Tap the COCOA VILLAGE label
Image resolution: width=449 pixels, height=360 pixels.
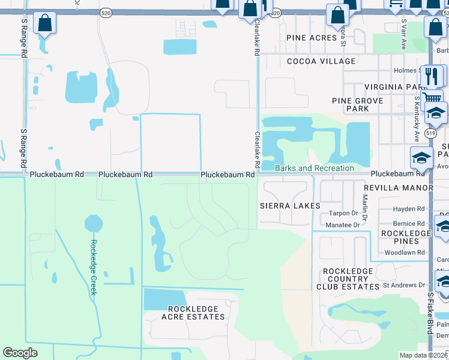coord(321,61)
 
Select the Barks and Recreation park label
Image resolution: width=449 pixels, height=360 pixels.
coord(314,168)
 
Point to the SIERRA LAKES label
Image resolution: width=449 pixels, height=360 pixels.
coord(289,206)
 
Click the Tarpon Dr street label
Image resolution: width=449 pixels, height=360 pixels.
coord(343,214)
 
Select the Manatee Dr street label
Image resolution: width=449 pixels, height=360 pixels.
coord(343,225)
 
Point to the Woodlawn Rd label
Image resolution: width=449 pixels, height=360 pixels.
coord(405,253)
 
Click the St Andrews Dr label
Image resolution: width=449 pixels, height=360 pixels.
coord(403,285)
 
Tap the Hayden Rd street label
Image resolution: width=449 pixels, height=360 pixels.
coord(408,209)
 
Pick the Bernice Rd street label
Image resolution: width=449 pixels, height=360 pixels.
coord(408,223)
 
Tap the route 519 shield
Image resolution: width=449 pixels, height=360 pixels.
coord(430,133)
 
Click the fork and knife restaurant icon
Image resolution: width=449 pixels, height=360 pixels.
coord(432,76)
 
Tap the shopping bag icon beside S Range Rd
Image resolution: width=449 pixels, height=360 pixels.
coord(44,24)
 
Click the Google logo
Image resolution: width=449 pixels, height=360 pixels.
coord(20,352)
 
